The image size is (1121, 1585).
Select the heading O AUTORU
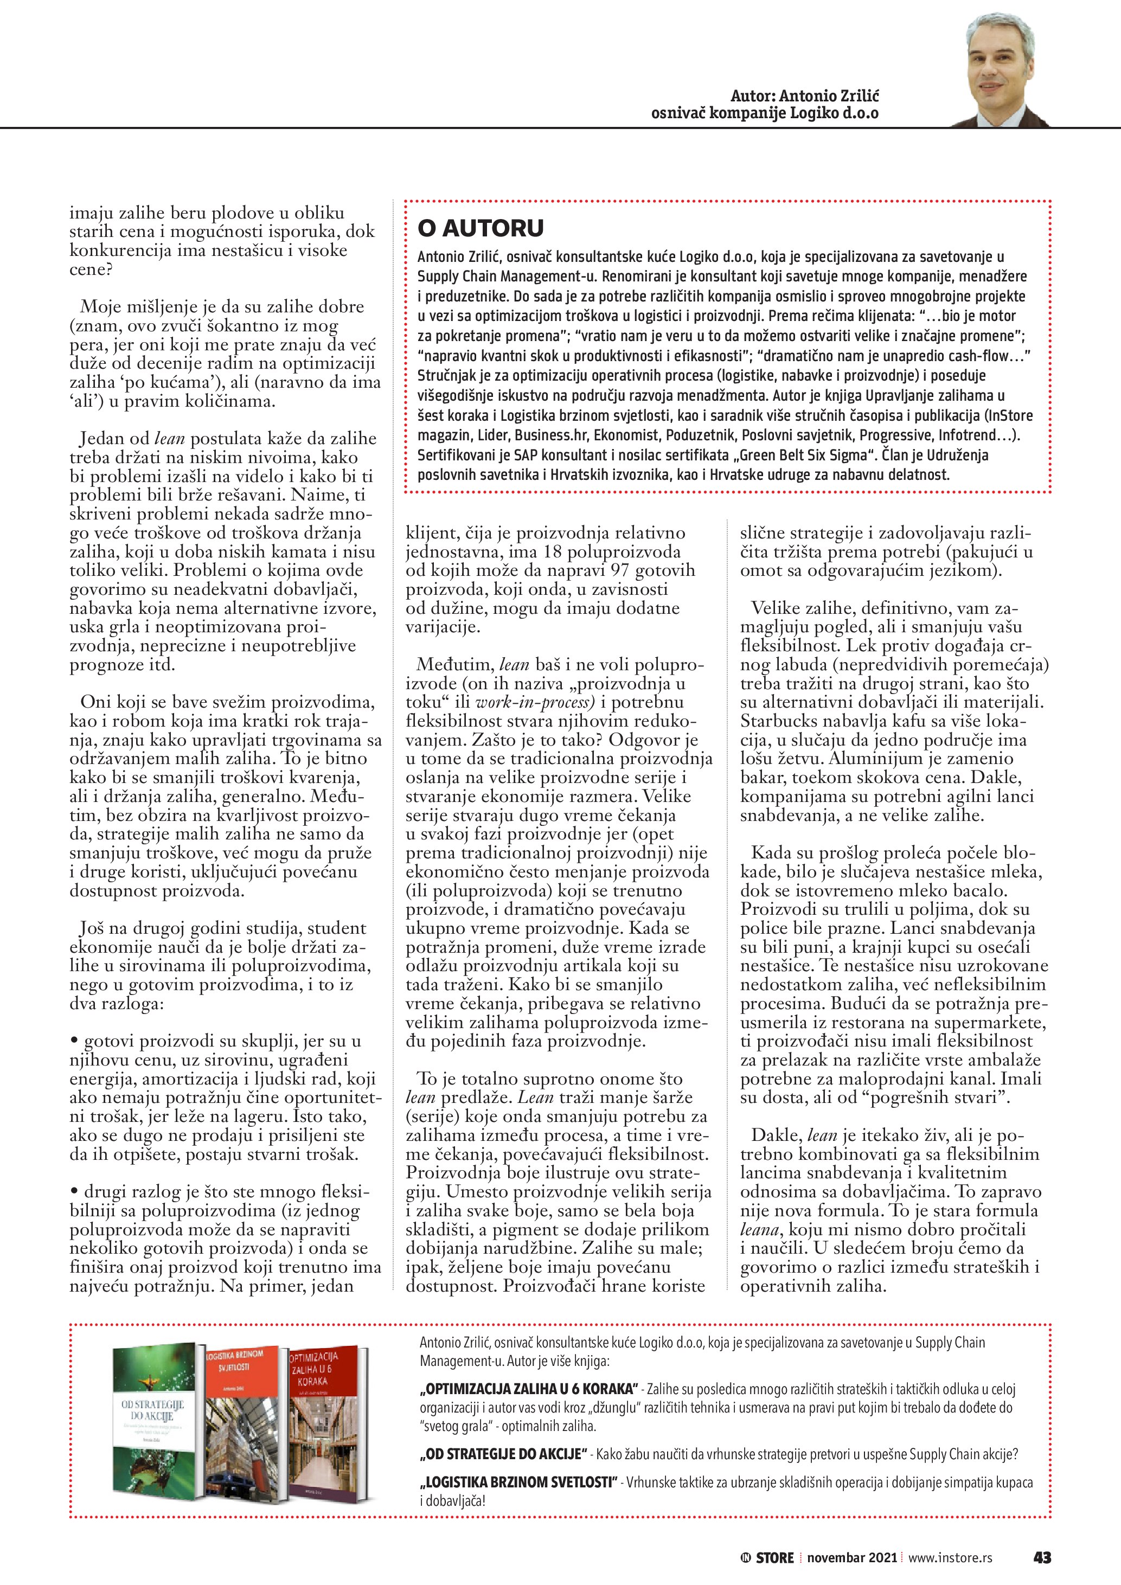point(481,228)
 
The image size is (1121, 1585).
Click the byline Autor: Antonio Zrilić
point(805,96)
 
